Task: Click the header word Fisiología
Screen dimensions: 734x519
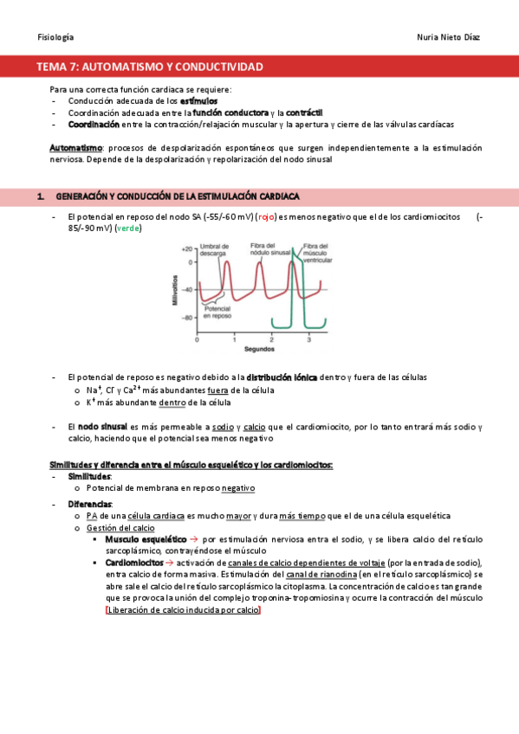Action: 55,37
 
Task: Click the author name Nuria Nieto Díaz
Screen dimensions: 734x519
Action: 448,37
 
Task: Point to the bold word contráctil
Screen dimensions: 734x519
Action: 304,113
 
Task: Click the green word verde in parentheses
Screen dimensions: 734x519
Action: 127,229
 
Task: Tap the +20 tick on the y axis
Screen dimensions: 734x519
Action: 187,248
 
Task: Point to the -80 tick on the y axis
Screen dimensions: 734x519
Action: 187,318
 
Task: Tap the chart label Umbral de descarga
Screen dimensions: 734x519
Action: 213,250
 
